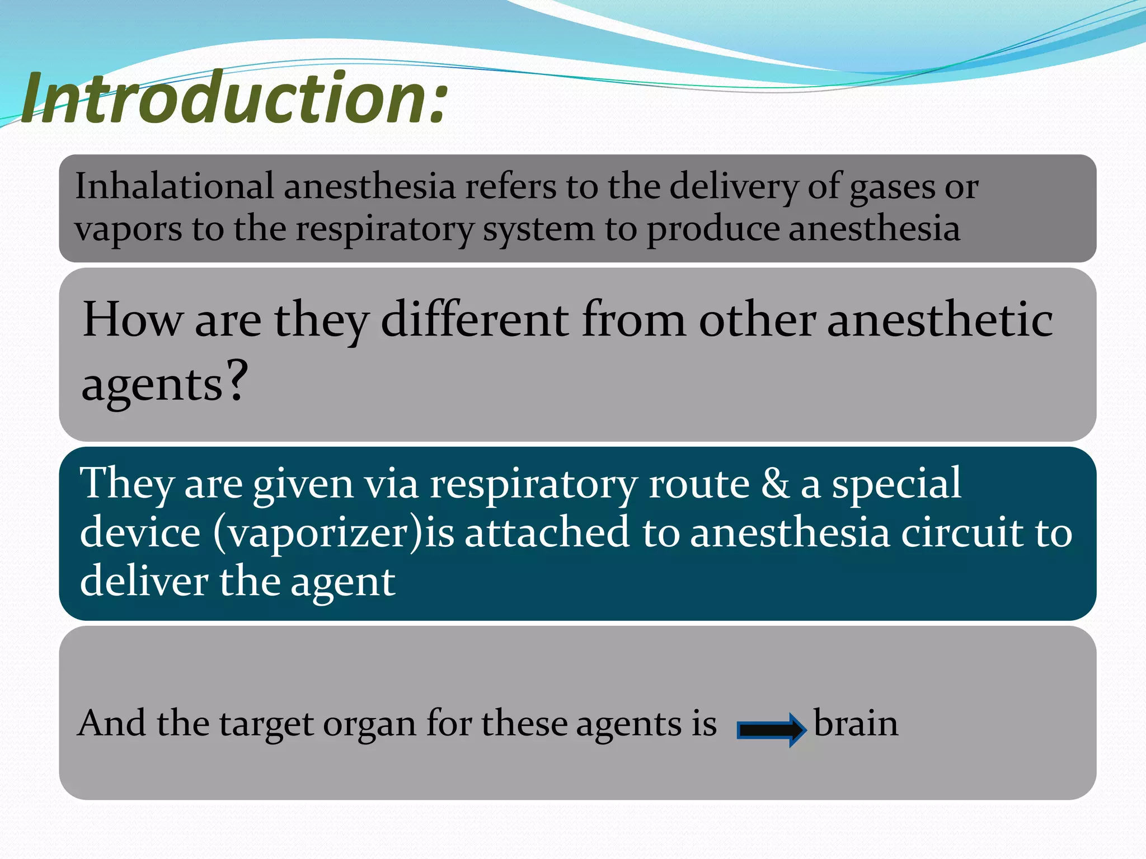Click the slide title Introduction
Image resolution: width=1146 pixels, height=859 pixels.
click(235, 98)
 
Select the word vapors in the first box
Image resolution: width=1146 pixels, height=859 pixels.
click(129, 229)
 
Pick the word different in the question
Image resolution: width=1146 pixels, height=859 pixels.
click(475, 320)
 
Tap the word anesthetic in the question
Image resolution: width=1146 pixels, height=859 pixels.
click(940, 320)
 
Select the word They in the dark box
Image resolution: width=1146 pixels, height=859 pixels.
click(126, 484)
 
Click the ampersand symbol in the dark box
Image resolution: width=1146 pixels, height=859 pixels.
click(774, 484)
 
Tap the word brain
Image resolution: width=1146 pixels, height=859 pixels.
click(856, 724)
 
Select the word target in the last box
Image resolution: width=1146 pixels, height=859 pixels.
click(266, 725)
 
